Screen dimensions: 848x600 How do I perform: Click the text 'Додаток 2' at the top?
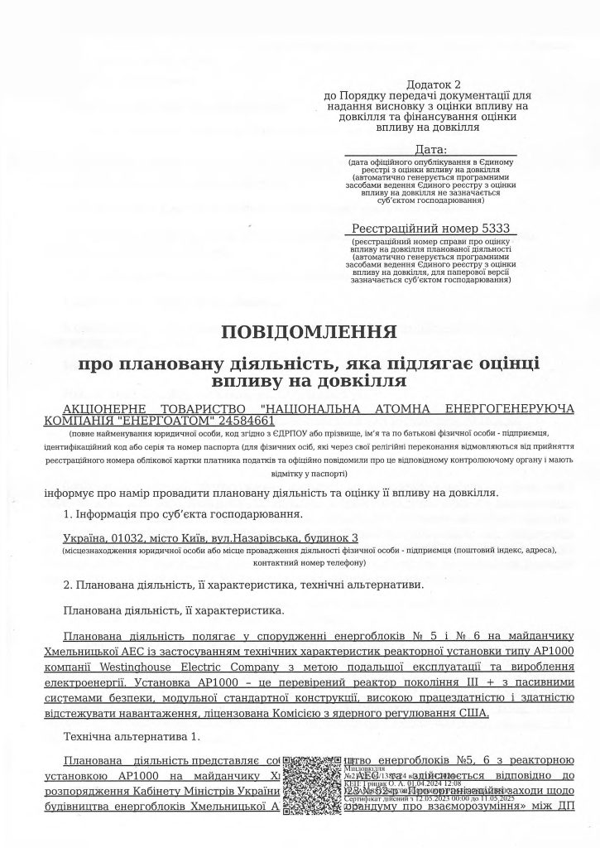coord(433,85)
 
